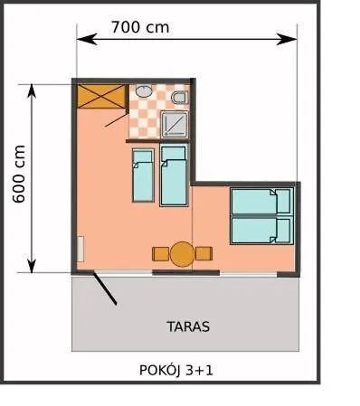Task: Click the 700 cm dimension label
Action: pos(140,26)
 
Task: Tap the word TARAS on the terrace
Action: pos(188,325)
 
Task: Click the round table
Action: pos(182,254)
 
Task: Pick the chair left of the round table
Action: pos(161,254)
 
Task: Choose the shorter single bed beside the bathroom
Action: pos(142,175)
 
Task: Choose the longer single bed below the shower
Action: pos(173,175)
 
